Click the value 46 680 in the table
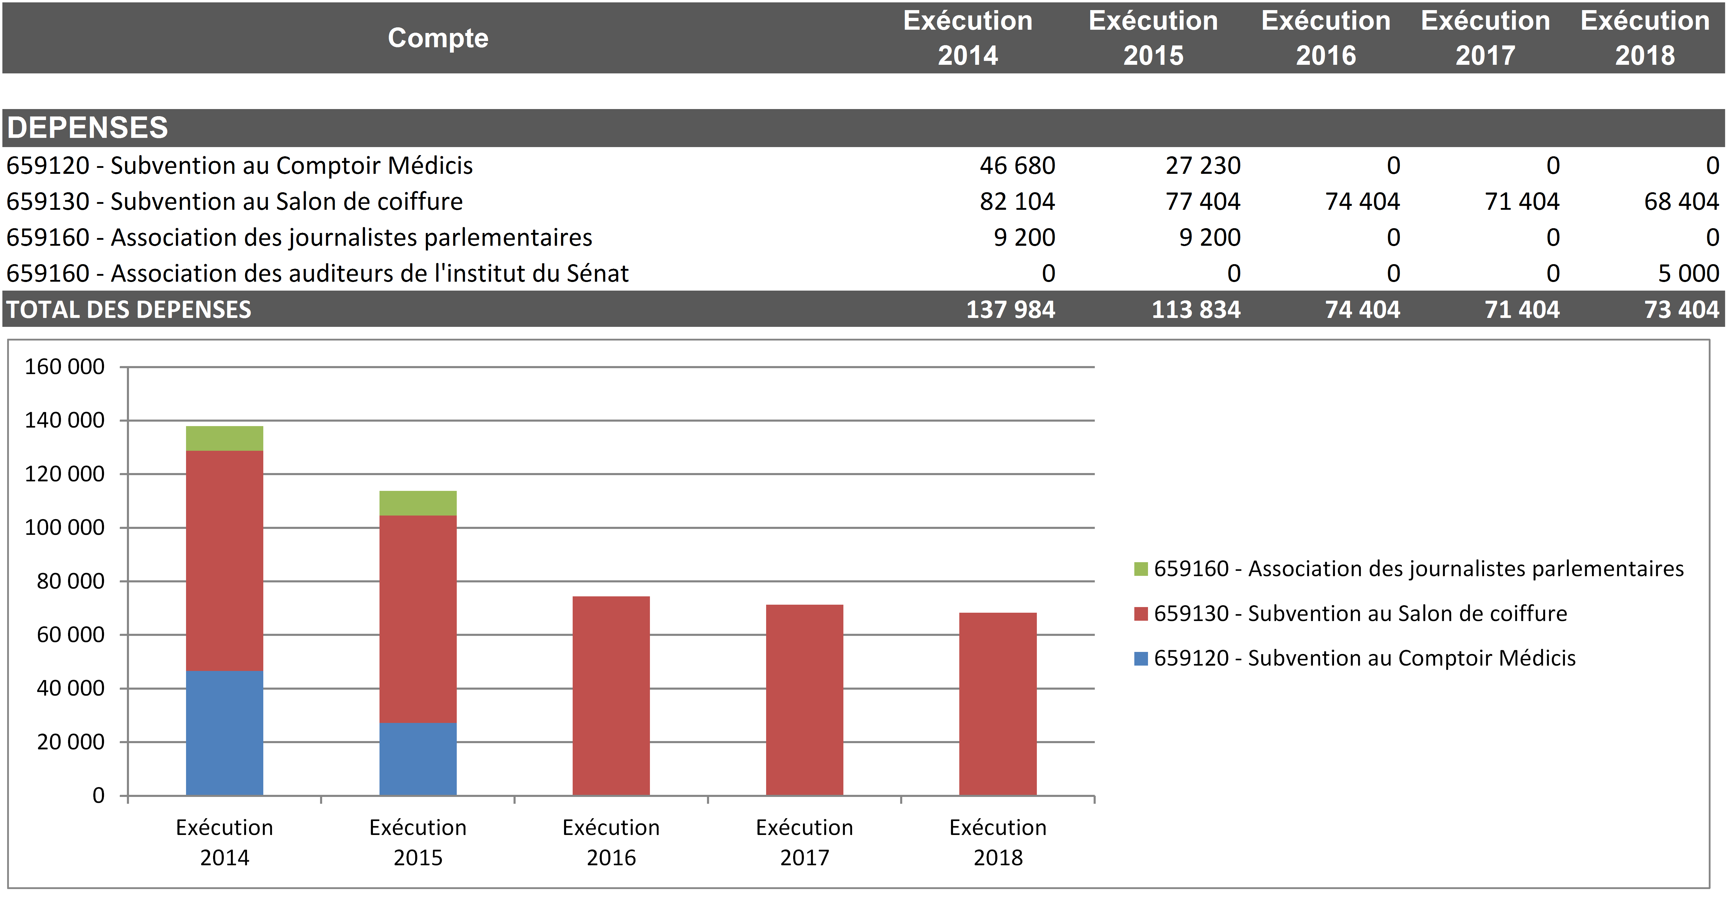(x=1017, y=166)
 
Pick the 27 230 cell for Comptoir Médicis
(x=1203, y=166)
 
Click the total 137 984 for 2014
(x=1010, y=310)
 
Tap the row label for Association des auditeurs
(x=318, y=273)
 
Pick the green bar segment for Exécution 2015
(x=418, y=503)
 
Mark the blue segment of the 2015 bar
(x=418, y=759)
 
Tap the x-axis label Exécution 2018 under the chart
(x=998, y=842)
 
